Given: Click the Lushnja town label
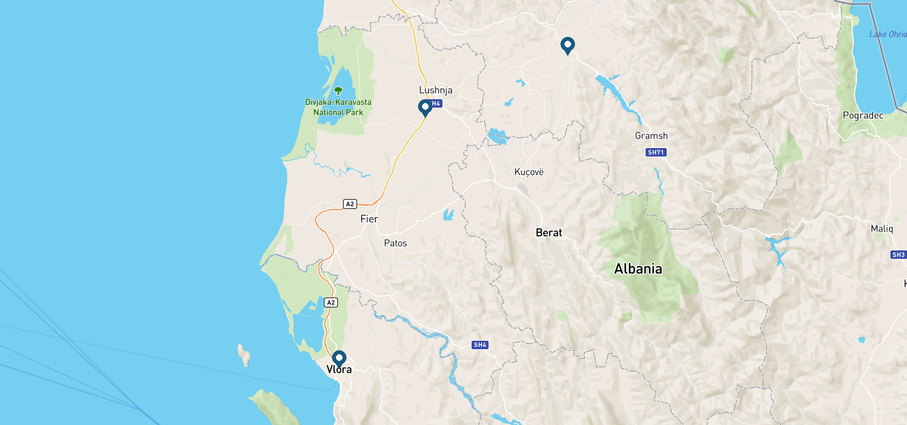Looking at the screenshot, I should pos(435,90).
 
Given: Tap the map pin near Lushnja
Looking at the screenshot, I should pos(425,107).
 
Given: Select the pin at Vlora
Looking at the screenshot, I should pos(339,358).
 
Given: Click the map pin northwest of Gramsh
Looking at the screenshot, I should pos(568,45).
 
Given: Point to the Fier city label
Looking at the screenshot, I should pos(369,219).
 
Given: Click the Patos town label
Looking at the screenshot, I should pos(395,243).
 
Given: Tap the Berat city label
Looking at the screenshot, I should pos(549,233).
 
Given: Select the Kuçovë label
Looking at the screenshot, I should pos(529,172).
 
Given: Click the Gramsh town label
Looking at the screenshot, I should pos(651,136).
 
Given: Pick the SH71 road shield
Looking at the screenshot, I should pos(656,152).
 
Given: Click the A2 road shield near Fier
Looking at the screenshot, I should pos(350,204).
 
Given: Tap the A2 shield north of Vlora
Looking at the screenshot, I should pos(331,302).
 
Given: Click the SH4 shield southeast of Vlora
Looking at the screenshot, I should pos(480,345).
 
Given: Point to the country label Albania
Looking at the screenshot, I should pos(638,269).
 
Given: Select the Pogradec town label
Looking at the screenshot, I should pos(863,115).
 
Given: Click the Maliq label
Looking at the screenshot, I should pos(882,229).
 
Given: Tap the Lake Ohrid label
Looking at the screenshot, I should pos(888,34).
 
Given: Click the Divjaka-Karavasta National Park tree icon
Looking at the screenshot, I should pos(338,91).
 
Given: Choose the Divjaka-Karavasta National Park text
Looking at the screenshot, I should pos(338,107).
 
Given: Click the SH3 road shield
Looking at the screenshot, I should pos(898,255).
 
